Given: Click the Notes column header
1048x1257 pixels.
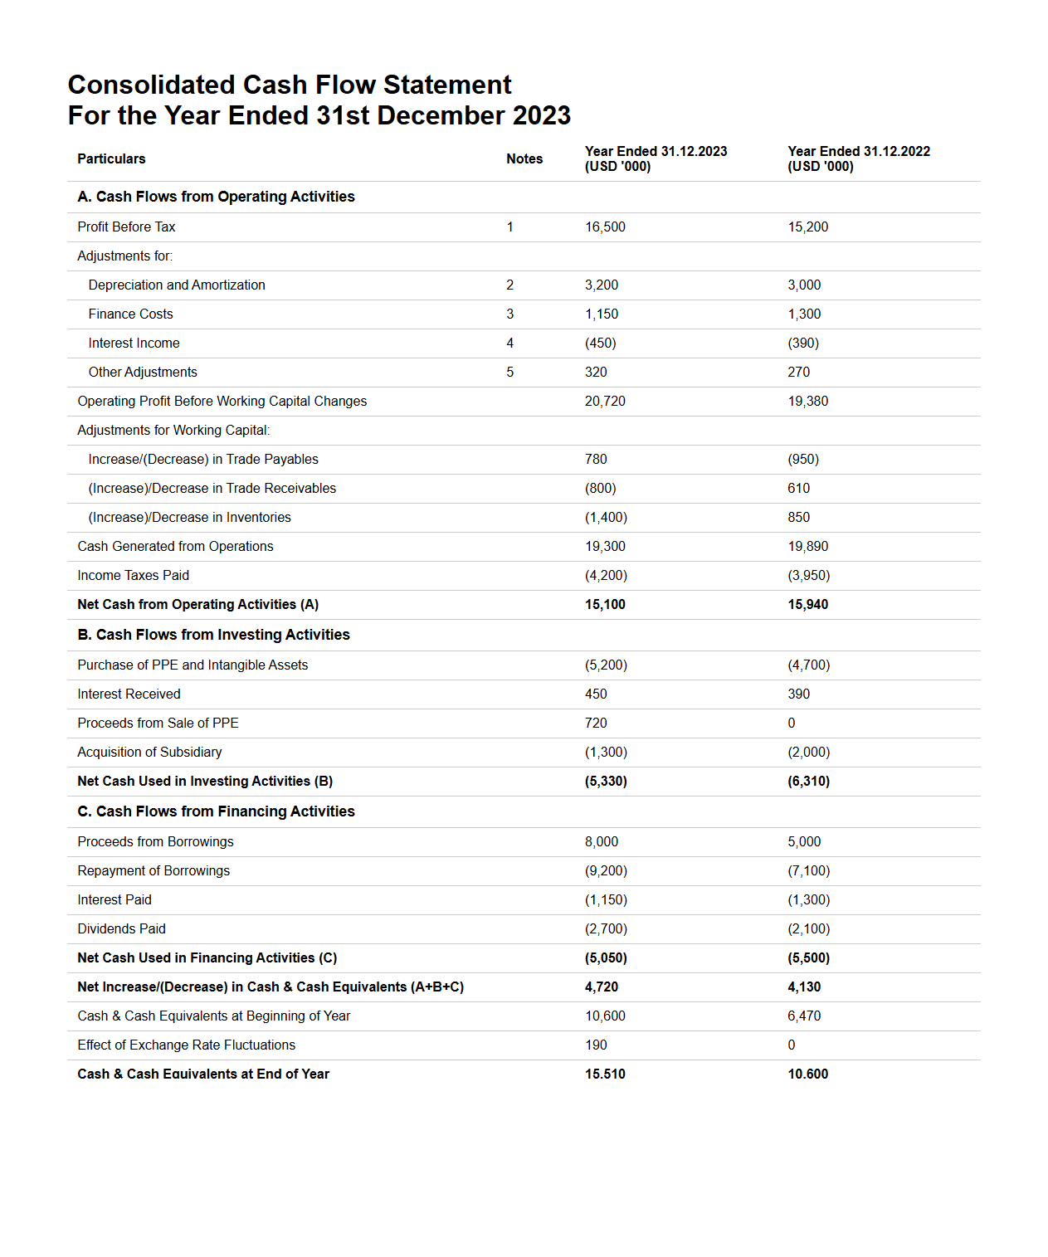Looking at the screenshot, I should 524,158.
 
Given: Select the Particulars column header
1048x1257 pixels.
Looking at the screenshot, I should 111,158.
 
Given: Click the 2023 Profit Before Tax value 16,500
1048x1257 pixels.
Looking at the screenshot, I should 605,227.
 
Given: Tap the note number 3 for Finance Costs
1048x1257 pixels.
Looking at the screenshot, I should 509,314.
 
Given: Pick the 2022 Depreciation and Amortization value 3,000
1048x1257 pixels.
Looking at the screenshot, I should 804,285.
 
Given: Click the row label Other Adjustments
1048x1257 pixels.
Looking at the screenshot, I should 143,372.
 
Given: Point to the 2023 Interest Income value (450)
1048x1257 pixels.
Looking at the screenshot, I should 600,343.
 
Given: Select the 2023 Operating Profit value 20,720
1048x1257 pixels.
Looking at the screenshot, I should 605,401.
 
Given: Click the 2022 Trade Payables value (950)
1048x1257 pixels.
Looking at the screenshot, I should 803,459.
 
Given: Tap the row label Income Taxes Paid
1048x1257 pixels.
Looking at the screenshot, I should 133,575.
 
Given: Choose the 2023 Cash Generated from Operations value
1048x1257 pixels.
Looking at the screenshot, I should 605,546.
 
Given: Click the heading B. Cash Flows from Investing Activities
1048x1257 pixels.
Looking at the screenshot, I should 213,635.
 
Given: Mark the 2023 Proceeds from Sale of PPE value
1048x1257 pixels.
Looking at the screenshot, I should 596,723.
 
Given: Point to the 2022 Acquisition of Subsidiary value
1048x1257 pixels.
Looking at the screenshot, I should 808,752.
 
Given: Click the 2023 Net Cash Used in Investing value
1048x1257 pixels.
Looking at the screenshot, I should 606,781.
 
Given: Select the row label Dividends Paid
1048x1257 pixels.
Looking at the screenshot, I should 121,928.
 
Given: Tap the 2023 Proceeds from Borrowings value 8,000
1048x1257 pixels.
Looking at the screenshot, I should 602,841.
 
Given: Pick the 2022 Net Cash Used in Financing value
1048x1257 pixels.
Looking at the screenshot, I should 808,957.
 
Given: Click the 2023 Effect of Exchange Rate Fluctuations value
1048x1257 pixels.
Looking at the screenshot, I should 596,1045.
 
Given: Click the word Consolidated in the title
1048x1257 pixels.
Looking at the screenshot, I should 151,85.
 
